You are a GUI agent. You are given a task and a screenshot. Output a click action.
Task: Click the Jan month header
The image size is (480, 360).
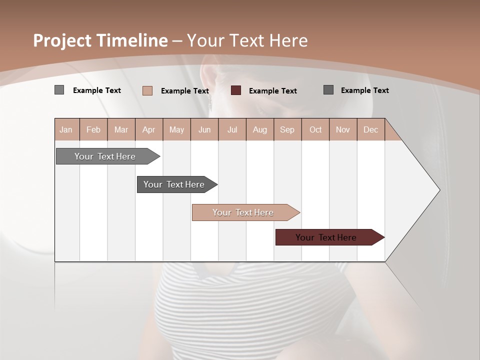(x=66, y=130)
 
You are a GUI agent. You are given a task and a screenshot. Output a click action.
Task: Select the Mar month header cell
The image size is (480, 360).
(x=121, y=130)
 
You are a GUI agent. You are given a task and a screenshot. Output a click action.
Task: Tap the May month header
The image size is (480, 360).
(x=176, y=130)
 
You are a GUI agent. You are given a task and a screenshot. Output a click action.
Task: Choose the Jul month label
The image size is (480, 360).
(x=232, y=130)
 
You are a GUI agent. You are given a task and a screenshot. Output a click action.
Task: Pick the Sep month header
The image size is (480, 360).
(x=287, y=130)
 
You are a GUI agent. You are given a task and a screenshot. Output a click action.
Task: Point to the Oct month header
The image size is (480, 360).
(x=315, y=130)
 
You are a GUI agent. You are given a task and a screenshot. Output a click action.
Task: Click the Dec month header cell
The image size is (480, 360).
(x=370, y=130)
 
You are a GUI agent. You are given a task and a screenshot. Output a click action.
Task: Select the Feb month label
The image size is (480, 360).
(x=93, y=130)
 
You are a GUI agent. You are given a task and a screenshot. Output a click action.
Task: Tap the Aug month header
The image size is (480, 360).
(x=259, y=130)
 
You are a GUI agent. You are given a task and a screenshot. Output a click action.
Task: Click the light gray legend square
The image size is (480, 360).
(x=59, y=90)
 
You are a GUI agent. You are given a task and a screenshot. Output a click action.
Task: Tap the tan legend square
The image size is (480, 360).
(x=147, y=90)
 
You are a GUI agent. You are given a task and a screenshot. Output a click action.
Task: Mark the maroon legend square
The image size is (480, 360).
(x=236, y=90)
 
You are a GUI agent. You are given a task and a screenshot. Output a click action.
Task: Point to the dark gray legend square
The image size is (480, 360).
(x=328, y=90)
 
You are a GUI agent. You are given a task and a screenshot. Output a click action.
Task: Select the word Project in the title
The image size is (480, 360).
(x=61, y=40)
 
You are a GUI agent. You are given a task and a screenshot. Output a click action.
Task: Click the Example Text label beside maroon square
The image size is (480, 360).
(x=272, y=91)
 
